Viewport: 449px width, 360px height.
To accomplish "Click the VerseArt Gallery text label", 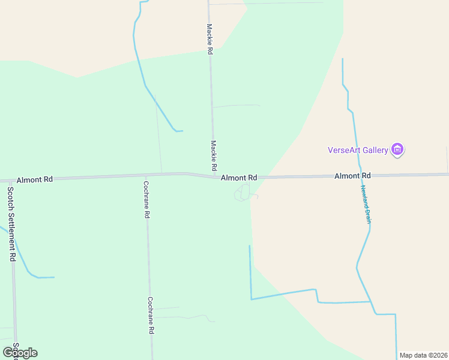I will [358, 150].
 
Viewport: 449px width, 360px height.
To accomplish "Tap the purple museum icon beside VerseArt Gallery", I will [397, 149].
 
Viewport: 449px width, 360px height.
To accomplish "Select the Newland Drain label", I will [366, 204].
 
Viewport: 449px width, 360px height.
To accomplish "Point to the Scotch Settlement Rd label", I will [11, 224].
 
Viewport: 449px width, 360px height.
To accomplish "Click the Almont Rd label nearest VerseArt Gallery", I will [352, 176].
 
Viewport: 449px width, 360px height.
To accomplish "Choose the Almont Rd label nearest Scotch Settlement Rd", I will [35, 179].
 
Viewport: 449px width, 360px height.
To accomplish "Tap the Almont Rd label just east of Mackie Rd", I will [239, 178].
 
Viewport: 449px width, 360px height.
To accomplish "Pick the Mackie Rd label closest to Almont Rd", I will [213, 155].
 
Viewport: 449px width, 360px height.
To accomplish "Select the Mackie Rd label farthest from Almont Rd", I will [209, 40].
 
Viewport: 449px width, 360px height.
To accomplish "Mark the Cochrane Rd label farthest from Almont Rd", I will [151, 316].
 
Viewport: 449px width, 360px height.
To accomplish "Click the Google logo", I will [20, 353].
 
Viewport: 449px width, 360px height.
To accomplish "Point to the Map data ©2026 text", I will [423, 355].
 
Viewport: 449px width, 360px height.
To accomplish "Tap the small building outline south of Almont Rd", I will [243, 193].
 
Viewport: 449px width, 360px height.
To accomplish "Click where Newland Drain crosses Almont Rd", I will [360, 176].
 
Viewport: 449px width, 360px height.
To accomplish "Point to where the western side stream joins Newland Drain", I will [370, 301].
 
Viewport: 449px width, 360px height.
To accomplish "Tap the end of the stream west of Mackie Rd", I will [182, 131].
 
